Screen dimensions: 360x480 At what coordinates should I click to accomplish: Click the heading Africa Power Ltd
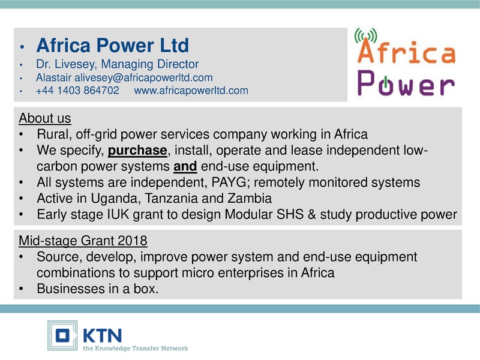coord(113,45)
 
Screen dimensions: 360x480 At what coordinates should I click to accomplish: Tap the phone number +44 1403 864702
coord(77,91)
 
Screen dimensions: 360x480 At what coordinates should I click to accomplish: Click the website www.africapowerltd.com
coord(191,91)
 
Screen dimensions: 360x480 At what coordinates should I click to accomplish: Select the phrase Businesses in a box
coord(98,289)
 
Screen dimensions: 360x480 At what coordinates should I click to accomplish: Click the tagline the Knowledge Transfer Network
coord(135,348)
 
